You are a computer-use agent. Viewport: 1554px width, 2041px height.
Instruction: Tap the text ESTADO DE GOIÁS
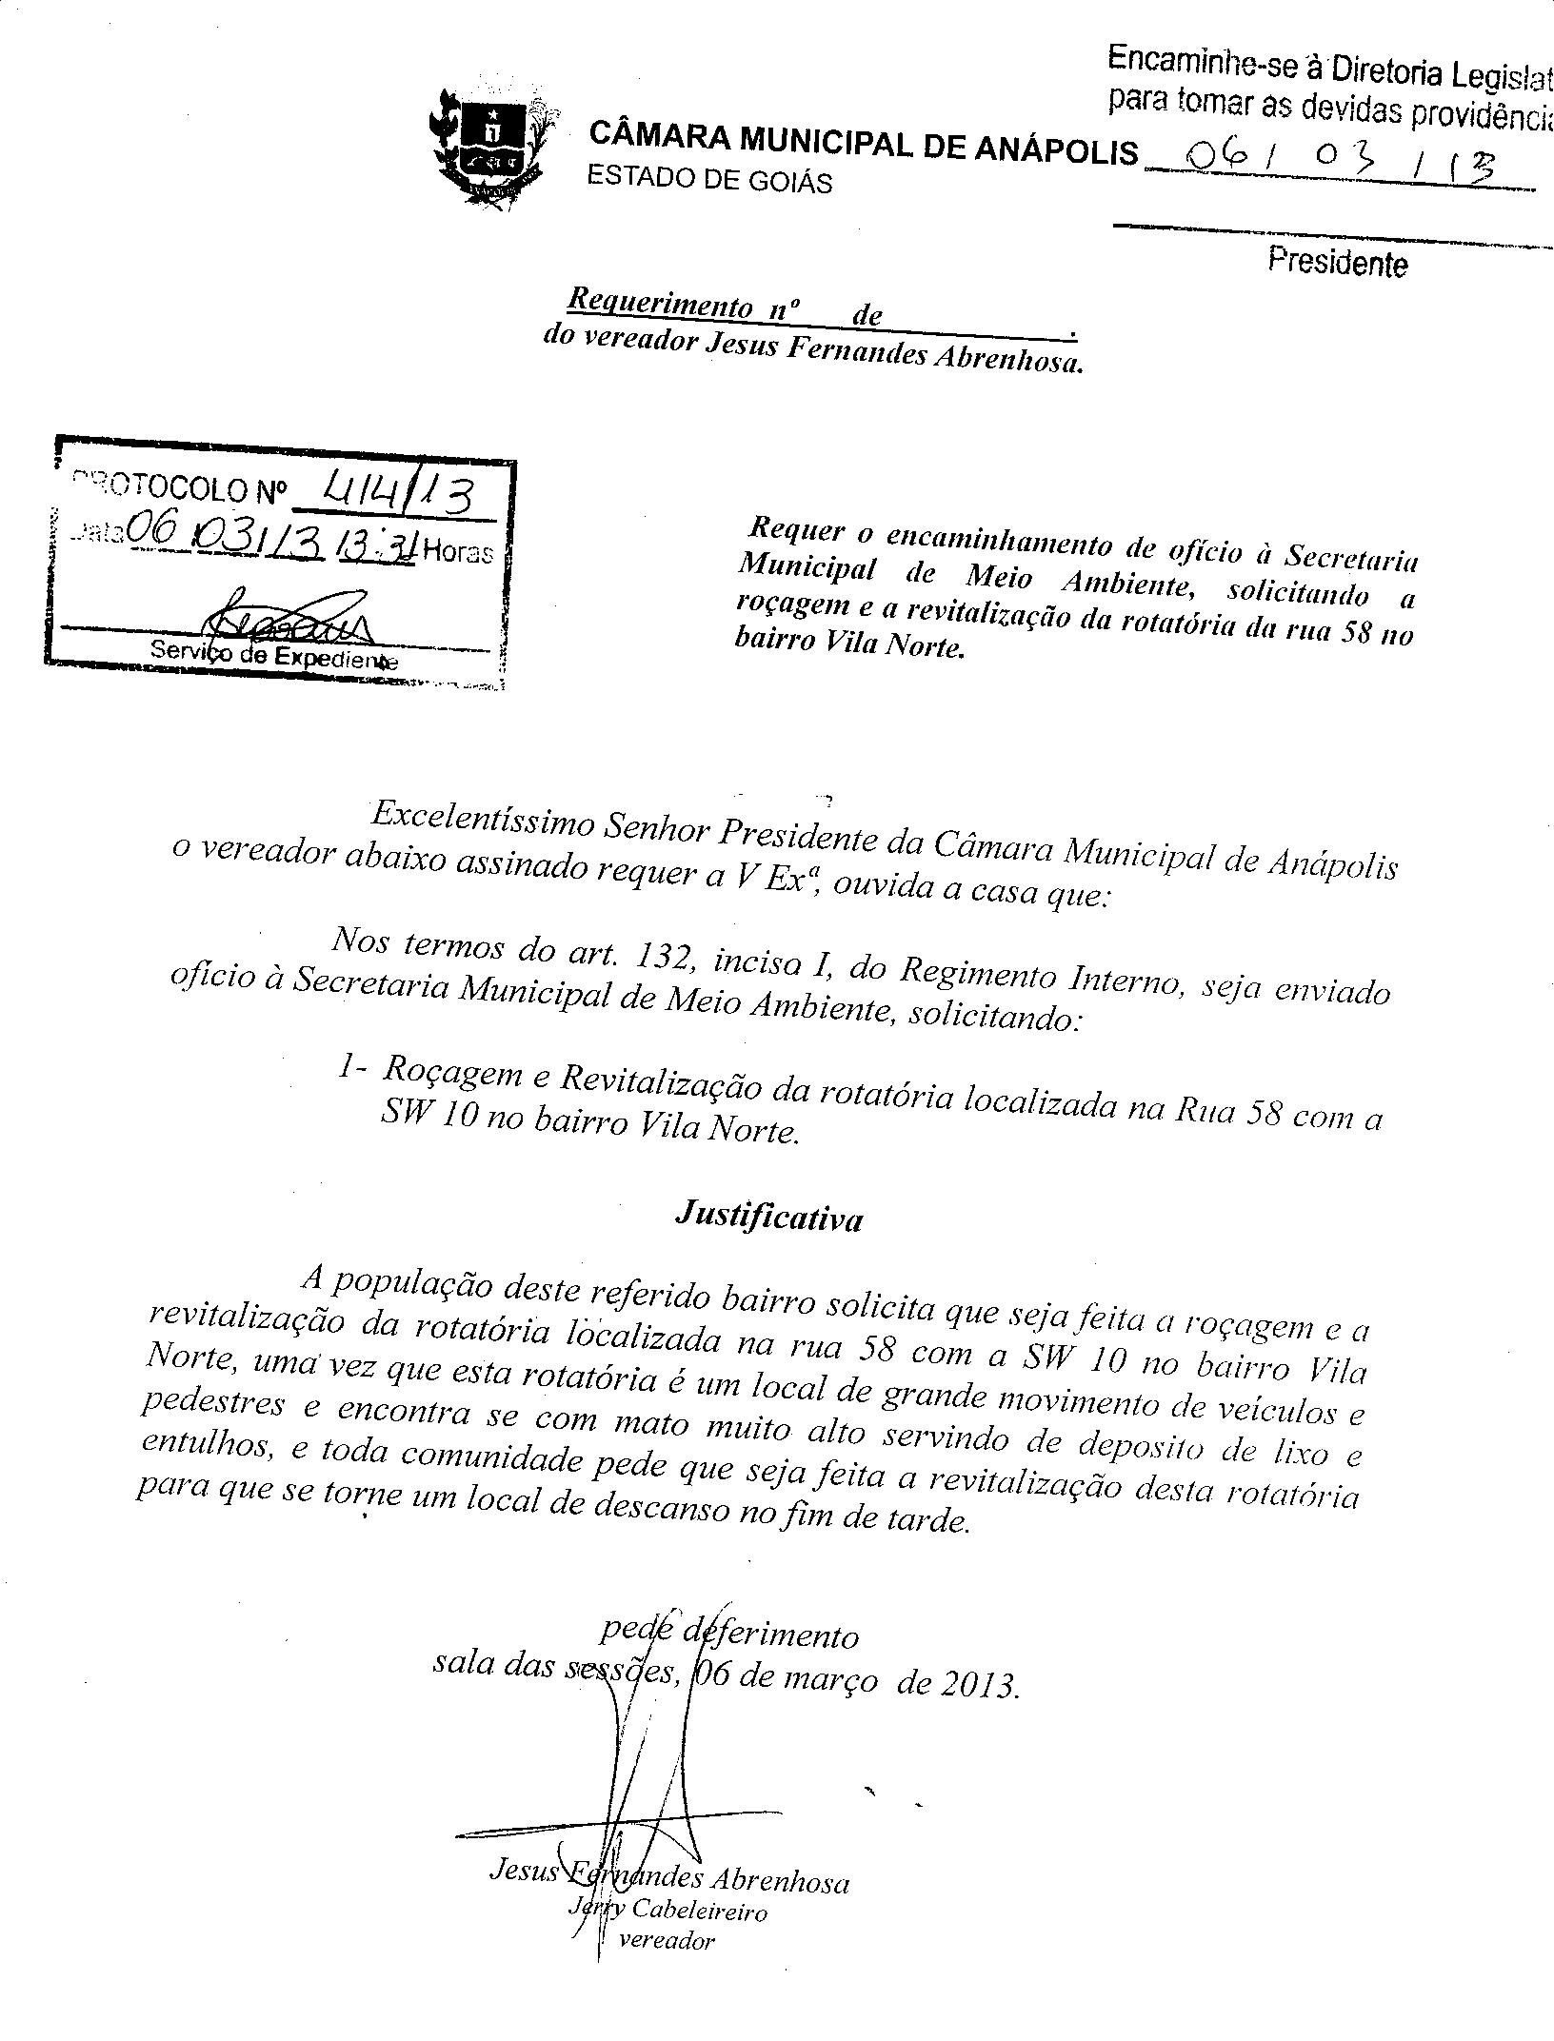click(x=709, y=180)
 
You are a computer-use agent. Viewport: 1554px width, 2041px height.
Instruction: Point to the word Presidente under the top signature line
click(x=1337, y=262)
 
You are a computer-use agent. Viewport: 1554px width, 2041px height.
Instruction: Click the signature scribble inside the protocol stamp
click(x=286, y=619)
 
